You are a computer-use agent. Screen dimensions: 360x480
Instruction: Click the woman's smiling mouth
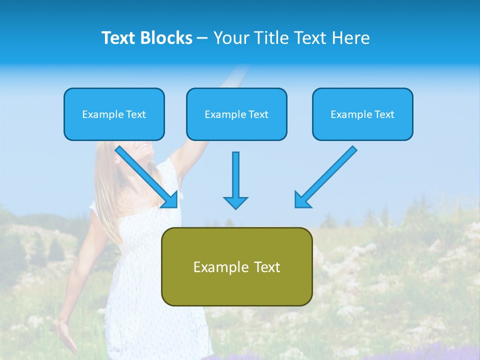point(143,147)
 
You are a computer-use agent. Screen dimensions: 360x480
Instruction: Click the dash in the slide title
point(202,38)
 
